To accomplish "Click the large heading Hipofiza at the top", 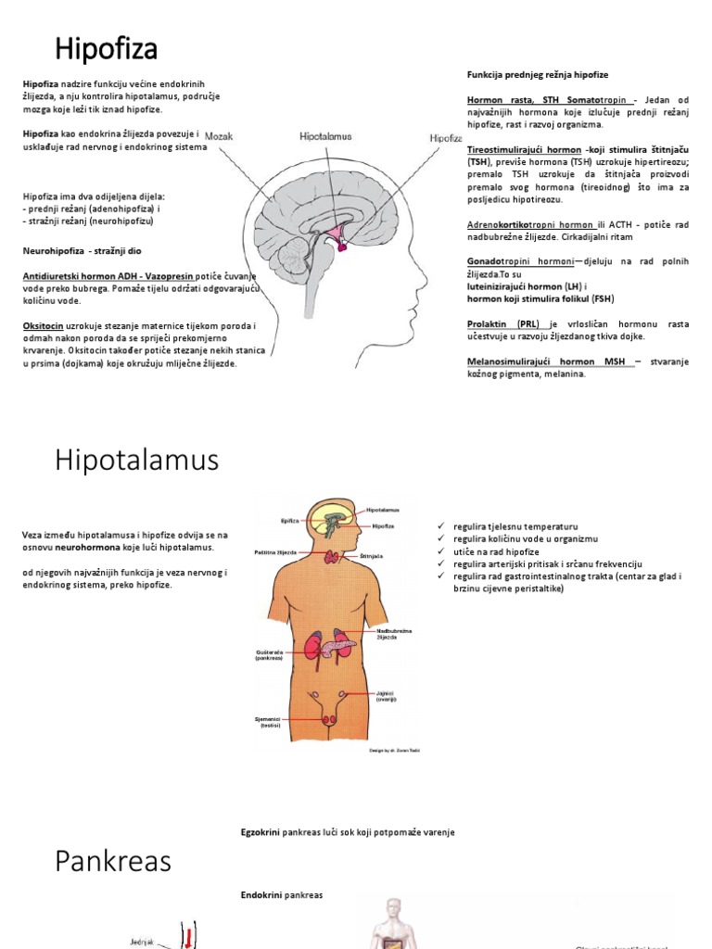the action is coord(106,47).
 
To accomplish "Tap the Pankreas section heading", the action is coord(113,861).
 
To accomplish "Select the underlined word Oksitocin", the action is coord(43,325).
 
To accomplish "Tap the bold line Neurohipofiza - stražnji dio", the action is coord(83,250).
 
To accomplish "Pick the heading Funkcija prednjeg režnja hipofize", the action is coord(538,74).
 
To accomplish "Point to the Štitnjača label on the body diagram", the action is coord(372,557).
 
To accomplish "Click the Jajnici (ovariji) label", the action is coord(387,696).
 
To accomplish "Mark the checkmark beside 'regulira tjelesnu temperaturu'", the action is coord(440,526).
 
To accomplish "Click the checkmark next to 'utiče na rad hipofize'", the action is coord(440,551).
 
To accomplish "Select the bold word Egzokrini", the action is coord(261,832).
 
